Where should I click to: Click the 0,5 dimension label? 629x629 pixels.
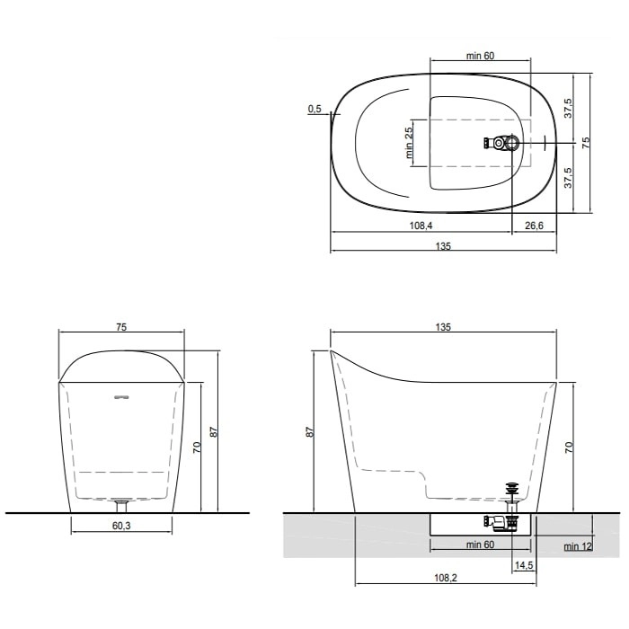tap(314, 109)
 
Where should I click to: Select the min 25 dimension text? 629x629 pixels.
tap(409, 143)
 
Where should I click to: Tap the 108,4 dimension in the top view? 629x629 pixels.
tap(421, 226)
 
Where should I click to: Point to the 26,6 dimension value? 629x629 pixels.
tap(535, 226)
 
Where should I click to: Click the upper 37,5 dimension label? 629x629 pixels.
tap(569, 108)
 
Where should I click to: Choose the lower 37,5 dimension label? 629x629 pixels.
tap(569, 178)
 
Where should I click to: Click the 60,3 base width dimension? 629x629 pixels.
tap(121, 526)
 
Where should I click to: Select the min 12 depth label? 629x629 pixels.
tap(578, 546)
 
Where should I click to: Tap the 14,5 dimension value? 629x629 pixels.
tap(524, 565)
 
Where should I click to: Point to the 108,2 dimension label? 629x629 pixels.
tap(446, 578)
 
